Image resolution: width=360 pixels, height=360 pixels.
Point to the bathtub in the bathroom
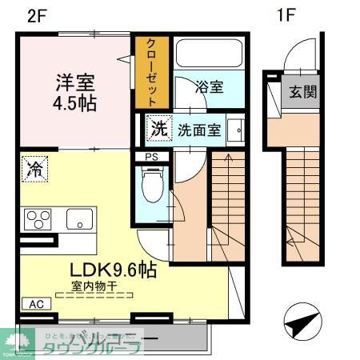pyautogui.click(x=207, y=54)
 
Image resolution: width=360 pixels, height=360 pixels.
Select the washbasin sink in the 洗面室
pyautogui.click(x=236, y=130)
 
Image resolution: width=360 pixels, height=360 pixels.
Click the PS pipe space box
pyautogui.click(x=150, y=157)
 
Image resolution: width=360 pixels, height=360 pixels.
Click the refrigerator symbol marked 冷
pyautogui.click(x=35, y=168)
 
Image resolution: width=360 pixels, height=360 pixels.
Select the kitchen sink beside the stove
pyautogui.click(x=80, y=218)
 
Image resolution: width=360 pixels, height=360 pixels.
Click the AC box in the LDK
pyautogui.click(x=37, y=304)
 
